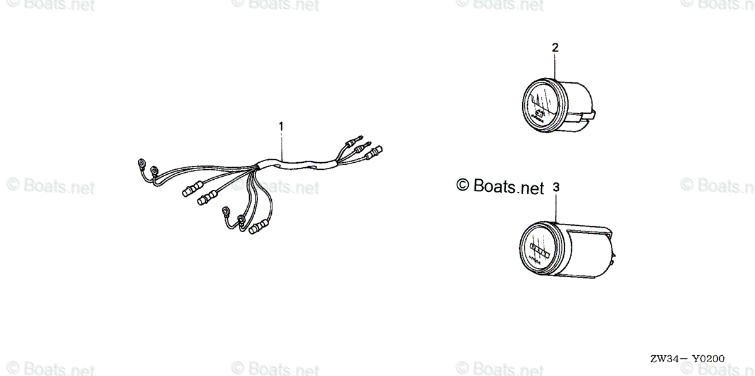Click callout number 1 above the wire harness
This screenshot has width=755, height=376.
281,126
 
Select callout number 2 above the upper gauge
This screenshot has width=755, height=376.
555,47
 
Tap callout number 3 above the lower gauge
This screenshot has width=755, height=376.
556,187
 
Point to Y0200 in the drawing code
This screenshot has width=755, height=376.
710,359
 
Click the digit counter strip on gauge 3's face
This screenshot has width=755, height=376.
540,250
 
